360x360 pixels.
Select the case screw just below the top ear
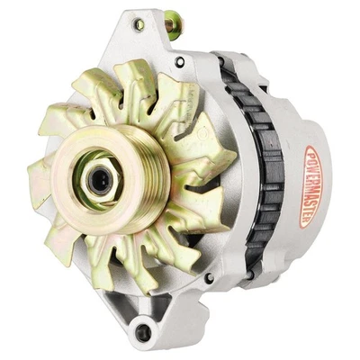tap(179, 61)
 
